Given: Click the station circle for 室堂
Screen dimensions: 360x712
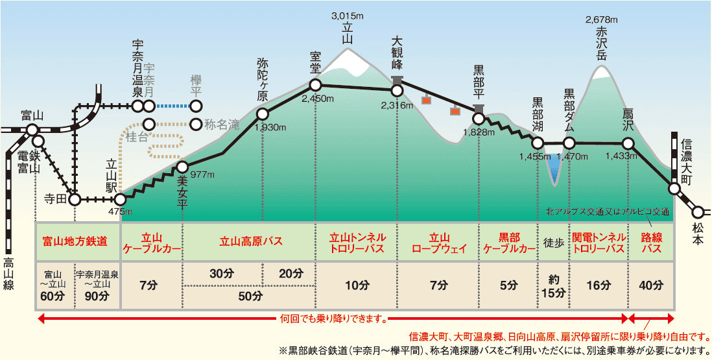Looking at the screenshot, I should (x=315, y=84).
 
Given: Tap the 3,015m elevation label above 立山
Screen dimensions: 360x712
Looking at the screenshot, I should (x=348, y=16).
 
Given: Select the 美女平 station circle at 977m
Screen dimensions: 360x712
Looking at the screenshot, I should (x=182, y=167).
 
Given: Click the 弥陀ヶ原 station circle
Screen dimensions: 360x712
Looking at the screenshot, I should (x=263, y=114).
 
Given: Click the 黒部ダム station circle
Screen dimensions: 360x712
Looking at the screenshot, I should (x=569, y=143).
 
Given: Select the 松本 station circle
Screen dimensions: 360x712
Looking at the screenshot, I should (x=698, y=211).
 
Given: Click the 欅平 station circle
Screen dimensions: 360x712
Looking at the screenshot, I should (x=196, y=106).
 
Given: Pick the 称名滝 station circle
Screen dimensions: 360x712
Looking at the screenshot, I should (x=196, y=124).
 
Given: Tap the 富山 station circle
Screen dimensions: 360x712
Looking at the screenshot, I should (x=32, y=130).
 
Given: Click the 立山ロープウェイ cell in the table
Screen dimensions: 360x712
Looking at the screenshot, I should (x=439, y=243).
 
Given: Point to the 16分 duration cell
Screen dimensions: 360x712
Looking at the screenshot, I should (x=598, y=285).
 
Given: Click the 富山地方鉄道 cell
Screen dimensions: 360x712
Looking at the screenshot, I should (x=77, y=243).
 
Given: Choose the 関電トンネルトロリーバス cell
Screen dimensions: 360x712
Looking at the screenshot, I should (x=598, y=243).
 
